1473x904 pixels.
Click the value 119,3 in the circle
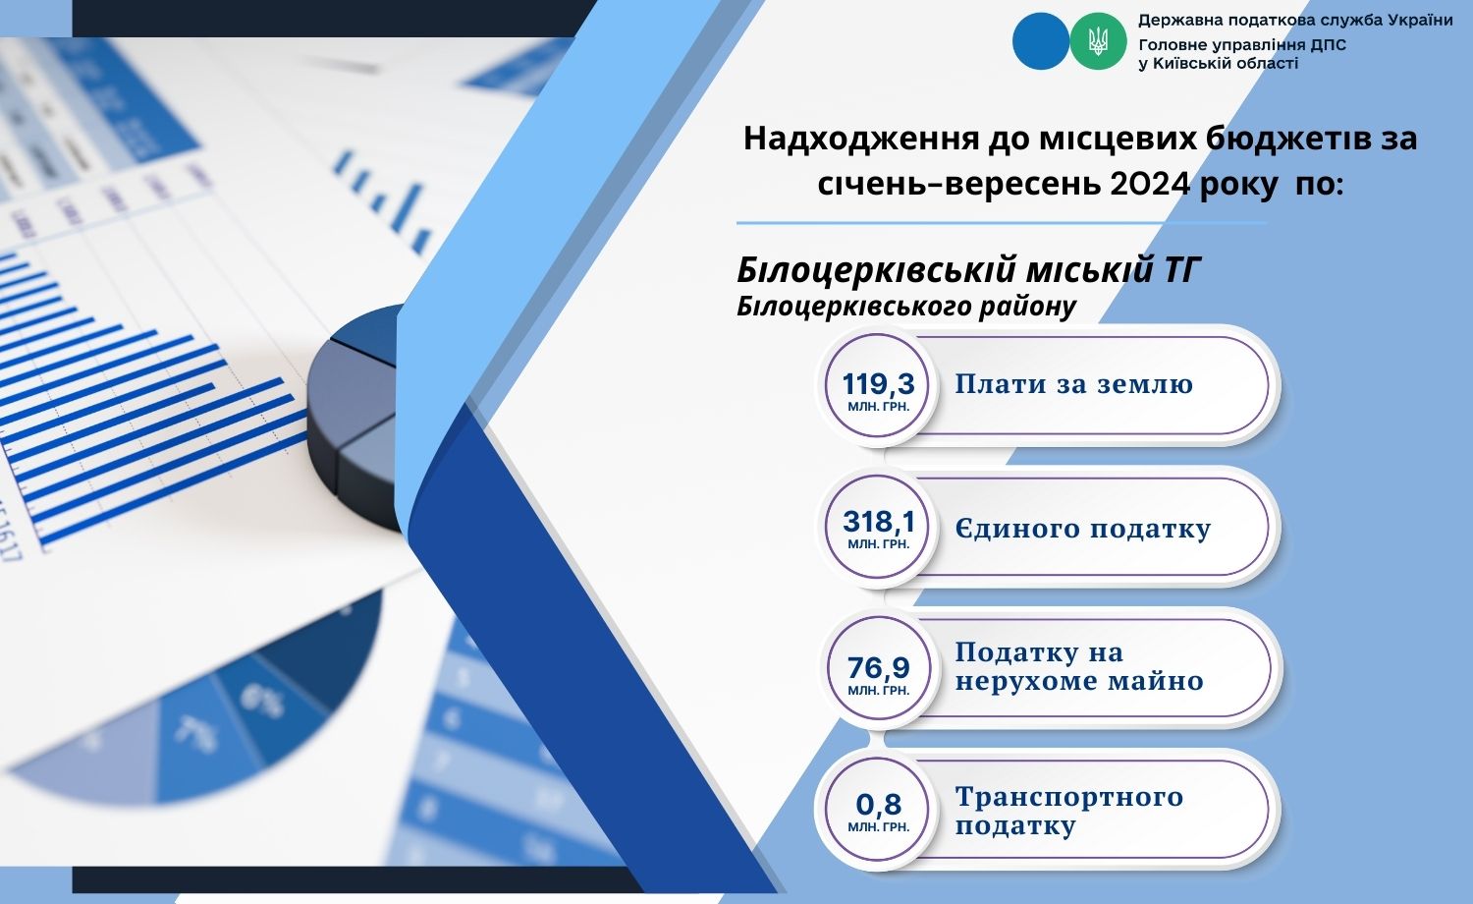(x=878, y=383)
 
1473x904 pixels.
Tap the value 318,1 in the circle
(x=879, y=522)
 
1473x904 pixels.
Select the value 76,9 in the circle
(x=879, y=668)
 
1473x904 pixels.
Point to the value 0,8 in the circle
(x=879, y=804)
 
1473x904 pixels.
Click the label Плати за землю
(x=1073, y=383)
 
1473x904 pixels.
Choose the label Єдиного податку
(x=1082, y=529)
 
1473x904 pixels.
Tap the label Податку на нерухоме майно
(x=1079, y=666)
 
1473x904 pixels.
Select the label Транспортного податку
(x=1068, y=811)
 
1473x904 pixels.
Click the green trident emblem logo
(x=1098, y=41)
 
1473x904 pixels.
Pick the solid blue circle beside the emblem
(x=1041, y=41)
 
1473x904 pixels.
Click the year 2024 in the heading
(x=1150, y=185)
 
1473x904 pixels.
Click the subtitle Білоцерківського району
(x=906, y=308)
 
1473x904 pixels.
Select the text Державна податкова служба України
(x=1295, y=21)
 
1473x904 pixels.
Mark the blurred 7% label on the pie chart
(x=195, y=732)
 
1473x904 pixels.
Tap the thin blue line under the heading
(x=1002, y=223)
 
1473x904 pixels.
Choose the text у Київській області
(x=1219, y=64)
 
